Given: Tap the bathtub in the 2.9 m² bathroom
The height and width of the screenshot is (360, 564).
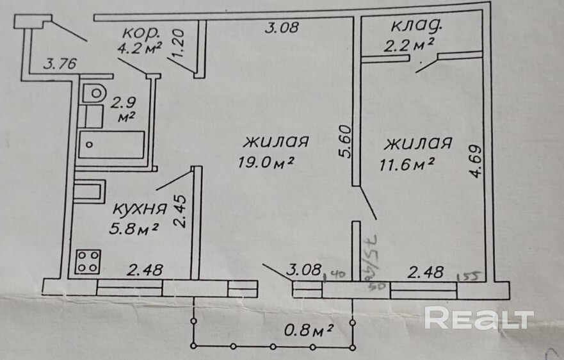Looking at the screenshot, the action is point(112,145).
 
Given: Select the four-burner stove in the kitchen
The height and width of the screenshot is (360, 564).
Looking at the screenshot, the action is point(88,261).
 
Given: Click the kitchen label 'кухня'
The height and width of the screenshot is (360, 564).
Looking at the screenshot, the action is point(140,209).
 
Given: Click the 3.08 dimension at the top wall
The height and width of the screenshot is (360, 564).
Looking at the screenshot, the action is point(282,28).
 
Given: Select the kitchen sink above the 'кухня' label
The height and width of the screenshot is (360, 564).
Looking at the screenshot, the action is point(88,192).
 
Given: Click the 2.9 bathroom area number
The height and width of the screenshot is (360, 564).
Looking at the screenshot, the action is point(125,102).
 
